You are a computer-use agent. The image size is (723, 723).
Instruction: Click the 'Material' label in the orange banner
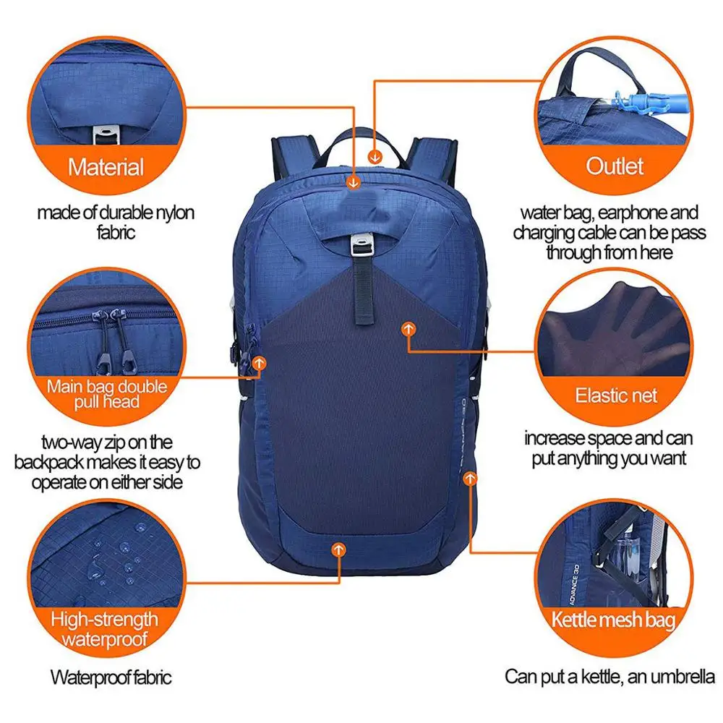point(106,168)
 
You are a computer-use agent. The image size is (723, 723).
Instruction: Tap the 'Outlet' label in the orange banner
point(615,166)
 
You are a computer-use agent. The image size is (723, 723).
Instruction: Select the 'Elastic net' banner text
point(616,395)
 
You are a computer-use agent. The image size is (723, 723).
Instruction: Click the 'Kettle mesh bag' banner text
point(613,620)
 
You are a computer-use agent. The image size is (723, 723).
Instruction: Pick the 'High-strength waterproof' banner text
point(104,628)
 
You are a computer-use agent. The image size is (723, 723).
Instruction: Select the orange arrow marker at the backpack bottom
point(337,549)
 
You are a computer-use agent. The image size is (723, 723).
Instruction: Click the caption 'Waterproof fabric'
point(111,677)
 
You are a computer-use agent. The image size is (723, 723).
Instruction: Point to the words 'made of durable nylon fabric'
point(116,222)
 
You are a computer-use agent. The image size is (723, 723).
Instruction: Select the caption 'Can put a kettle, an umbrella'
point(610,677)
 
